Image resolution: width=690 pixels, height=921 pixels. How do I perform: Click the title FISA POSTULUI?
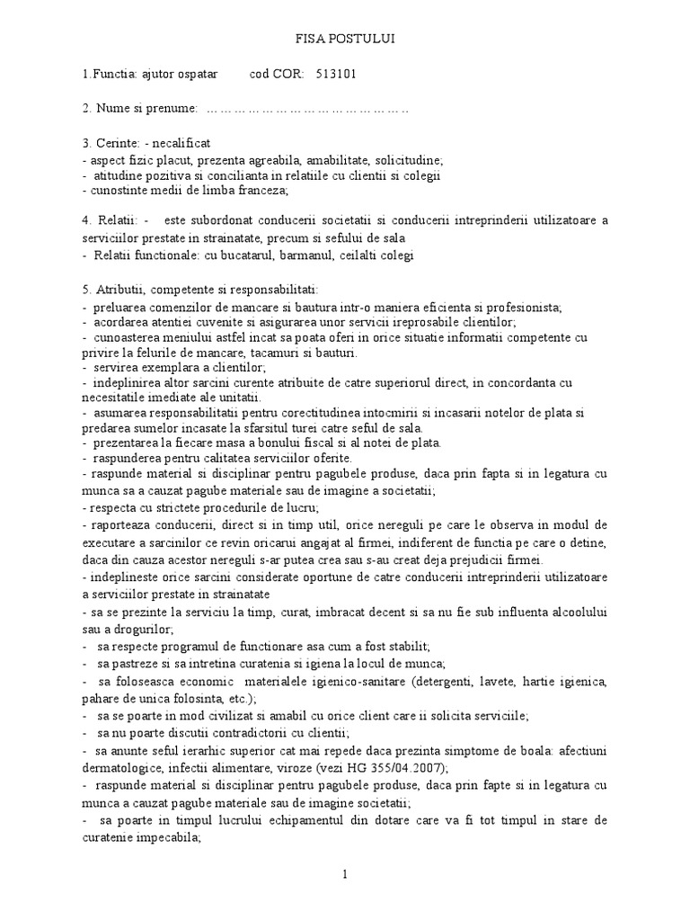[345, 40]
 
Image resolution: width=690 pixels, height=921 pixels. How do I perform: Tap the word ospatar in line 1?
[199, 74]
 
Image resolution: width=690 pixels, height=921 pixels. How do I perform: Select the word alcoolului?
[576, 612]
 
